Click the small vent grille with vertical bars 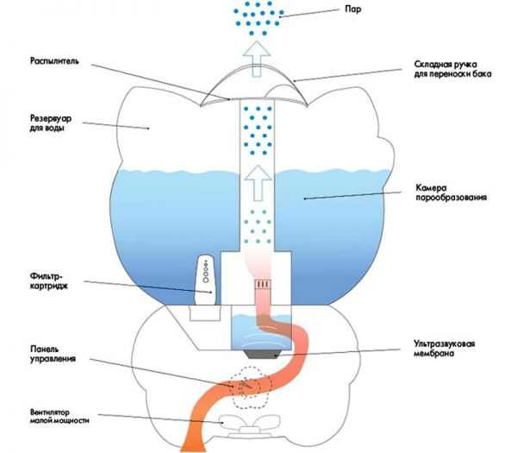click(x=262, y=282)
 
